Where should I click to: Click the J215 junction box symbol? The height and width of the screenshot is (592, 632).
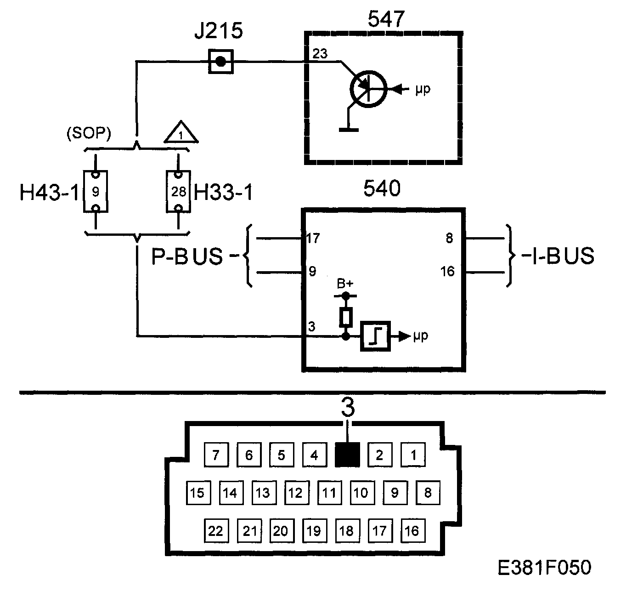pos(221,61)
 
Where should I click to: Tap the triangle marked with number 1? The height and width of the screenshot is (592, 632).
pos(181,133)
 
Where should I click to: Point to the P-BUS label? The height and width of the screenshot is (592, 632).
pos(187,256)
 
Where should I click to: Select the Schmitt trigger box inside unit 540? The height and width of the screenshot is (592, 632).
pos(376,336)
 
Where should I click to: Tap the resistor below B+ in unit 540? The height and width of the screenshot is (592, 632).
pos(346,317)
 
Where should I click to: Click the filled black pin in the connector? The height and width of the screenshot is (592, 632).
pos(347,455)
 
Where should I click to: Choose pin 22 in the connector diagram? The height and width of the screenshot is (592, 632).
pos(215,531)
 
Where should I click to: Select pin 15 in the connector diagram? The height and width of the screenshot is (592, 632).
pos(197,493)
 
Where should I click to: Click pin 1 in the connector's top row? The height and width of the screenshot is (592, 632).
pos(413,455)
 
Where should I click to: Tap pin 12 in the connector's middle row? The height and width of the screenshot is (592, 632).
pos(295,493)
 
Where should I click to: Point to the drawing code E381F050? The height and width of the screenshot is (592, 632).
pos(545,568)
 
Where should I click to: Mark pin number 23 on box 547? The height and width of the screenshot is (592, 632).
pos(320,54)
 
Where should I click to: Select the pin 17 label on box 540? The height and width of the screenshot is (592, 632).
pos(314,238)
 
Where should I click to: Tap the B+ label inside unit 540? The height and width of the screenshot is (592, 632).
pos(344,284)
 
